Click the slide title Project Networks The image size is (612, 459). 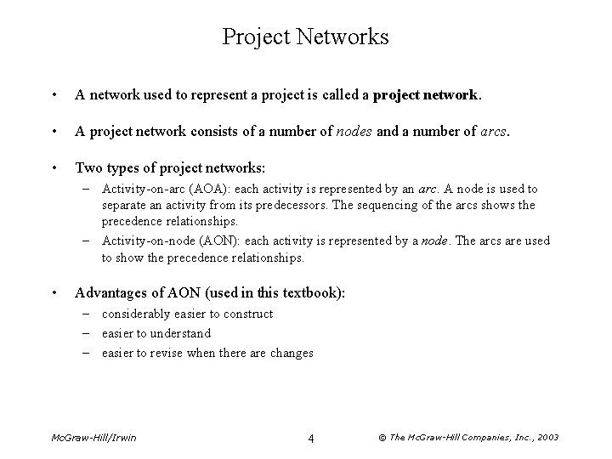pyautogui.click(x=305, y=37)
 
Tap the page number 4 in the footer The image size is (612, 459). pyautogui.click(x=311, y=438)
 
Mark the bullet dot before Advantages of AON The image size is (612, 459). pyautogui.click(x=54, y=293)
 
